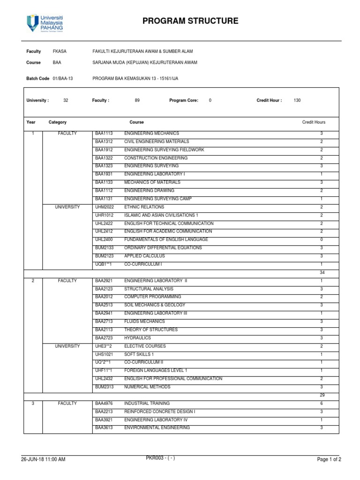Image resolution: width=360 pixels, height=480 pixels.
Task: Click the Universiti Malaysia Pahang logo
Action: point(45,22)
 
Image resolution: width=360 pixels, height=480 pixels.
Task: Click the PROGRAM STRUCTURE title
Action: point(190,21)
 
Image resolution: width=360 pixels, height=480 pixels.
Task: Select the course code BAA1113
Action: point(104,134)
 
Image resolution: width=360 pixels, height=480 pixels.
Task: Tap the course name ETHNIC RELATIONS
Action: point(144,207)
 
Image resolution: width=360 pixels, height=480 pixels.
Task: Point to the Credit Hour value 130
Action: point(297,100)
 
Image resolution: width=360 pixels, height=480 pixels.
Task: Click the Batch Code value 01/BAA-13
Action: point(63,79)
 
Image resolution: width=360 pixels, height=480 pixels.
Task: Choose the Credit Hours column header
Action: point(314,122)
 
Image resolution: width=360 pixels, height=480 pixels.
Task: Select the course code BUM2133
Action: point(104,248)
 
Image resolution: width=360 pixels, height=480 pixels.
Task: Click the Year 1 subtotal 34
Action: point(322,272)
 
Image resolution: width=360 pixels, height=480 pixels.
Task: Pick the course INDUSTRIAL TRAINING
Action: point(147,404)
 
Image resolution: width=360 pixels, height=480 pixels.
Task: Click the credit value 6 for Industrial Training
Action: point(322,404)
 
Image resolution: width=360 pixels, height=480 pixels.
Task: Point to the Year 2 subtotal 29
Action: point(322,395)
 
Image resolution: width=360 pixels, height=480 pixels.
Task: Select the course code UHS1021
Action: point(104,354)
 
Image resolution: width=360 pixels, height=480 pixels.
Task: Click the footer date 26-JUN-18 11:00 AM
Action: point(43,459)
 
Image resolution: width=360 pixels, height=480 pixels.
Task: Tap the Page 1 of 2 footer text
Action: point(329,459)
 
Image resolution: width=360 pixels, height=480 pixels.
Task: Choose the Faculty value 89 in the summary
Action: point(137,100)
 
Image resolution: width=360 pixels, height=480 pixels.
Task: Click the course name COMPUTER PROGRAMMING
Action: point(152,297)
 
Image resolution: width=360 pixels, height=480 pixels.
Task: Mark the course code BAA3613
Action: point(104,428)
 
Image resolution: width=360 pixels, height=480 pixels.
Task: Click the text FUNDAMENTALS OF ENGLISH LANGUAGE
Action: point(166,240)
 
